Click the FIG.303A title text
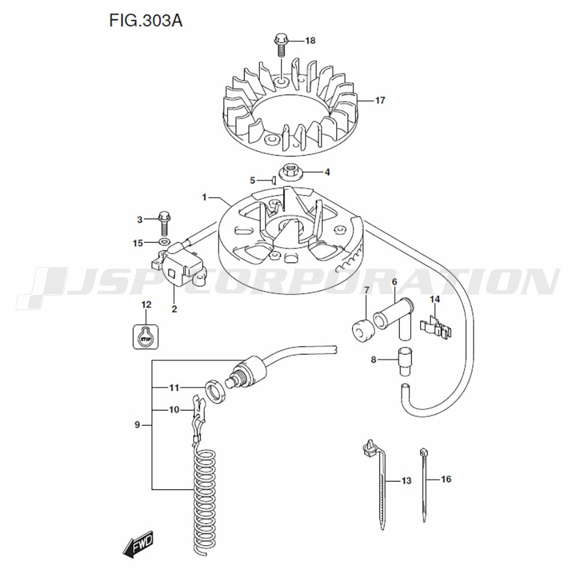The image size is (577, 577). (x=145, y=21)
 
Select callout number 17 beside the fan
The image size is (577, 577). (x=379, y=100)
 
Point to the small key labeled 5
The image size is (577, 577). (x=275, y=180)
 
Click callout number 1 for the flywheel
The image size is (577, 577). (x=204, y=197)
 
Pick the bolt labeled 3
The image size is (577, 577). (x=164, y=222)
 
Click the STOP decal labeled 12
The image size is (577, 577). (x=145, y=336)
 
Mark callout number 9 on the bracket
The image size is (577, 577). (x=137, y=425)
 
